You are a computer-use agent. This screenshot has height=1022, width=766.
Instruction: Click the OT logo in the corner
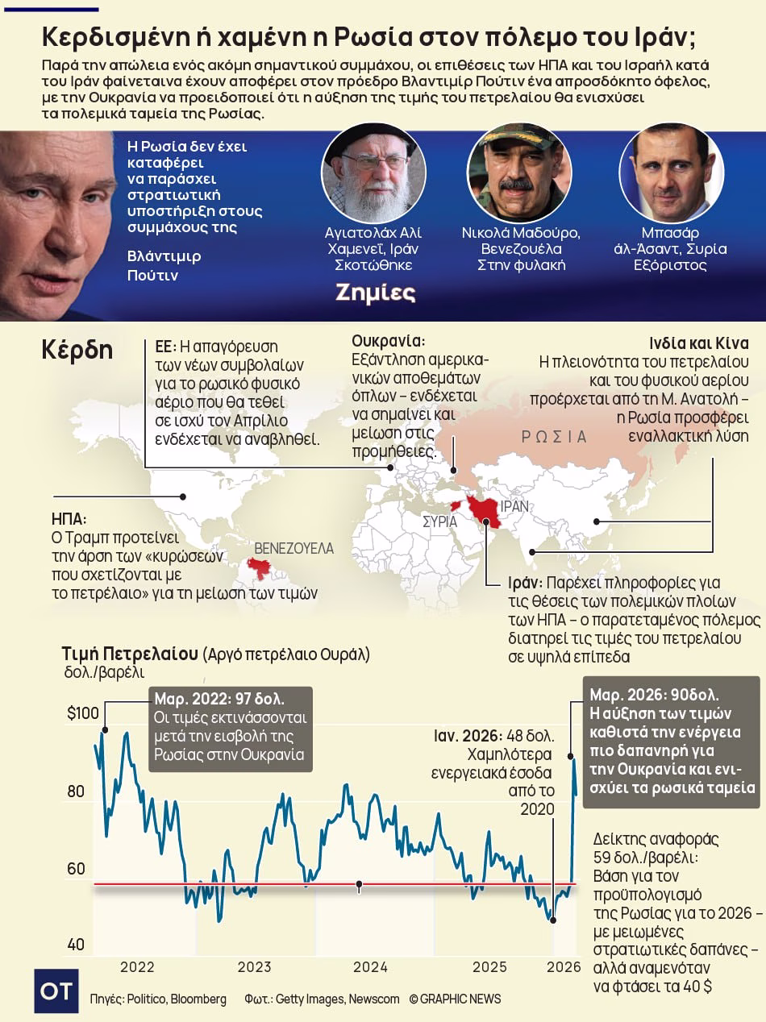56,991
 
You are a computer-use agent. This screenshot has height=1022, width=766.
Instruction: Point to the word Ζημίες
376,293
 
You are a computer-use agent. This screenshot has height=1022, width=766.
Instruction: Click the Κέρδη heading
77,351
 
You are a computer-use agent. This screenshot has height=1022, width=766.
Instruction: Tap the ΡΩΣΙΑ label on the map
554,437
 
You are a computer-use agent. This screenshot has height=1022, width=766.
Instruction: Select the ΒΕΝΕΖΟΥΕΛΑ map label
293,548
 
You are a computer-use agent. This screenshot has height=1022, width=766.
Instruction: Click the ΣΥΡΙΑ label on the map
440,521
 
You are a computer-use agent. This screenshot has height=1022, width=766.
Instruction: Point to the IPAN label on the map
514,507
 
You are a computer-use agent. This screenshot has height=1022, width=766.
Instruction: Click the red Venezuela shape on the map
260,569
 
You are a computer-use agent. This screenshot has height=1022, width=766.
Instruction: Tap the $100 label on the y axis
82,713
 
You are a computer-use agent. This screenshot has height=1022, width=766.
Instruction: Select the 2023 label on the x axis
254,967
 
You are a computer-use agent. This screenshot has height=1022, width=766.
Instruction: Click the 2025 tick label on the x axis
489,967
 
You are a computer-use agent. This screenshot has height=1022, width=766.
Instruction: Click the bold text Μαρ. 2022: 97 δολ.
219,698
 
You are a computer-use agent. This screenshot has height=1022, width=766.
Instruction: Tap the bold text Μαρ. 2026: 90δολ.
654,695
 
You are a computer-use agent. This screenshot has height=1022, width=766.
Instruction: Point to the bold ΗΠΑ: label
69,519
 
